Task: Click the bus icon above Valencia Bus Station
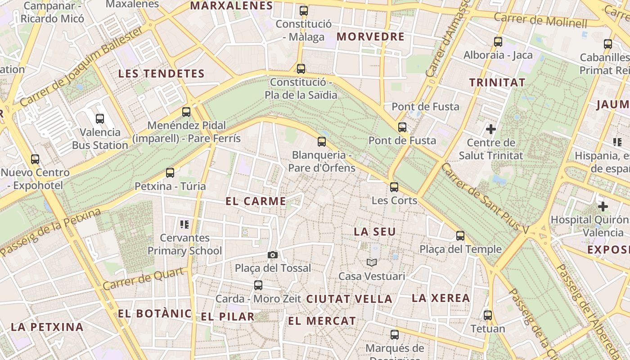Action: (100, 119)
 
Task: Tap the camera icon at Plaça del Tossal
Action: (272, 255)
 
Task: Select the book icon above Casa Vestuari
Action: (372, 263)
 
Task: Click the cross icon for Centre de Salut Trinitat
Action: (491, 130)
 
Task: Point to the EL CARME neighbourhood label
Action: (256, 202)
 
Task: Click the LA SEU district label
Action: (375, 232)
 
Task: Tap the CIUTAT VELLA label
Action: (349, 299)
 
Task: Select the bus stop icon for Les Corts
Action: (394, 187)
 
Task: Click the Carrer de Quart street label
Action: (143, 279)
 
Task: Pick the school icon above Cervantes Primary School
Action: (184, 224)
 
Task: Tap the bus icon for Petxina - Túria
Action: (170, 173)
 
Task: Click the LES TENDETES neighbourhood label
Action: (161, 74)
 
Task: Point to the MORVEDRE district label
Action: (370, 37)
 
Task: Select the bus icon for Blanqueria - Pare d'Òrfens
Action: (322, 142)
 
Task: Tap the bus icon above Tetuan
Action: (488, 315)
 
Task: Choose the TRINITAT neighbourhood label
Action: (497, 83)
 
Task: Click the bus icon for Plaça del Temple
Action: (460, 236)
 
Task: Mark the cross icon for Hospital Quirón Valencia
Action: (603, 207)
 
